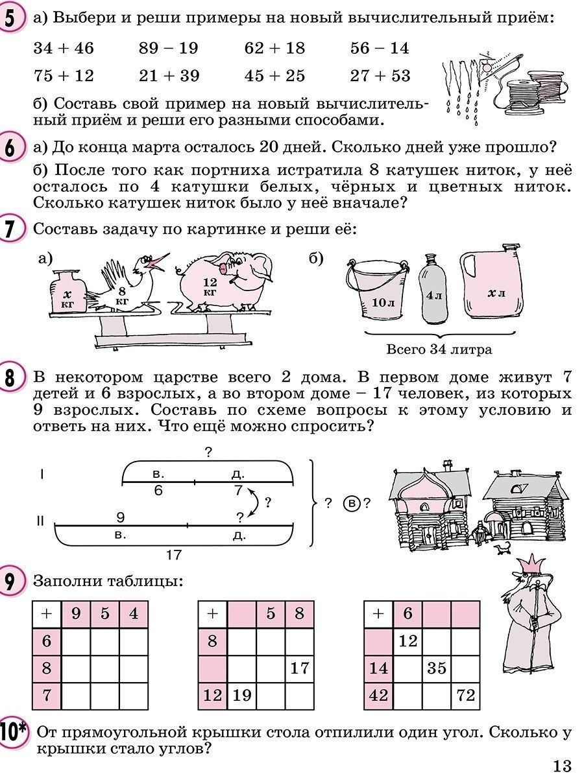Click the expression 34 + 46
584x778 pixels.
point(64,48)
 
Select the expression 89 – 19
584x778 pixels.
point(169,48)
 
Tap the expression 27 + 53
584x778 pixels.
point(380,76)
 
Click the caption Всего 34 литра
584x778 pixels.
point(439,349)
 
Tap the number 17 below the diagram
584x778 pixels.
point(173,555)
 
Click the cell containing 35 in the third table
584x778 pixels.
point(437,668)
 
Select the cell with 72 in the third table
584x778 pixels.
point(465,696)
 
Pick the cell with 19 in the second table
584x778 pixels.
point(242,696)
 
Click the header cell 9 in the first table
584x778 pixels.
point(76,613)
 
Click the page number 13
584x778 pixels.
point(562,766)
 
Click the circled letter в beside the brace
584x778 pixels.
point(352,502)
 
